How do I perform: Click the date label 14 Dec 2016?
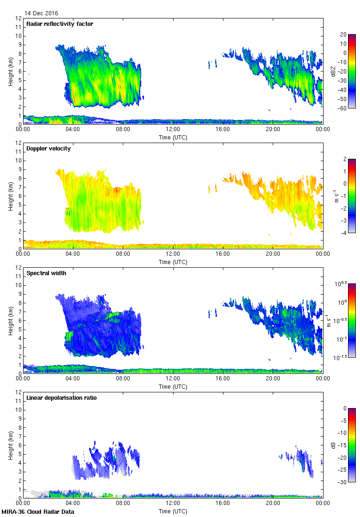42,13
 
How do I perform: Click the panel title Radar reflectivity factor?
60,24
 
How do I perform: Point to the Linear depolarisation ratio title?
61,398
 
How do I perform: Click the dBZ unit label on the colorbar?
333,71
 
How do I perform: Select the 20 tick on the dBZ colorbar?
343,35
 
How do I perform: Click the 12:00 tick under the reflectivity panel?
173,130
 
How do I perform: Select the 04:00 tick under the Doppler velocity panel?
73,254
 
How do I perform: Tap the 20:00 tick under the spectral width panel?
273,379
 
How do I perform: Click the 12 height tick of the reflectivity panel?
19,18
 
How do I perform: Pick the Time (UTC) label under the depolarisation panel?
173,511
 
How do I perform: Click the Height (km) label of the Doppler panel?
11,195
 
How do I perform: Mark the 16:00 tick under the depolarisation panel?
223,504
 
